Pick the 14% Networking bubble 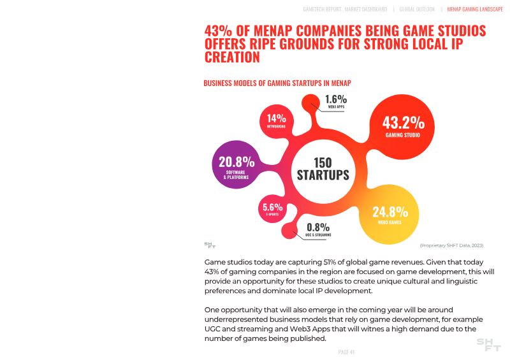(276, 120)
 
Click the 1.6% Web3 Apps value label (335, 99)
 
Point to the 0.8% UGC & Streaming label (318, 227)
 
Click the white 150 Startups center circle (323, 169)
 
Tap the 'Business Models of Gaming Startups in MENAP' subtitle (277, 83)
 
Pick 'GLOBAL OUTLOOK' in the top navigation (417, 10)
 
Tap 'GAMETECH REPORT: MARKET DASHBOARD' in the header (344, 10)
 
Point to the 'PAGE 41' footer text (346, 352)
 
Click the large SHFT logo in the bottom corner (489, 345)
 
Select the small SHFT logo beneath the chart (210, 245)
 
